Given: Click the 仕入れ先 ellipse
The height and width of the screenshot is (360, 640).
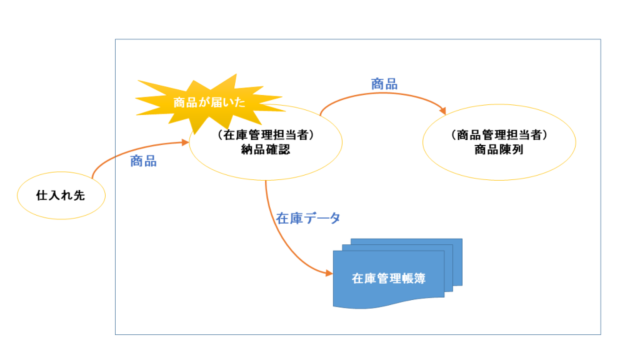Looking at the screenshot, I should (x=61, y=196).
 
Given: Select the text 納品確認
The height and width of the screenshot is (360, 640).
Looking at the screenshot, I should (x=265, y=150).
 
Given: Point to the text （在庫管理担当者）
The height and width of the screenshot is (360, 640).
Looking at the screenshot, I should (x=265, y=136).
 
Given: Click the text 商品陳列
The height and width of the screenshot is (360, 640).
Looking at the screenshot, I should (x=498, y=150).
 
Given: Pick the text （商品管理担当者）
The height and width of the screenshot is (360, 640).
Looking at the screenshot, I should (x=498, y=136).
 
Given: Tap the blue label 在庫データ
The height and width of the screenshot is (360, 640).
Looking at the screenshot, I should (x=309, y=219).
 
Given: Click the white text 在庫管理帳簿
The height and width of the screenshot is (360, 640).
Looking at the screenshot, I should (x=388, y=279).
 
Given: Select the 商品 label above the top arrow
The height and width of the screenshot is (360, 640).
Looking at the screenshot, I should (x=384, y=84).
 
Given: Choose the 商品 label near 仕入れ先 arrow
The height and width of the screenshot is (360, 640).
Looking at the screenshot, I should (x=143, y=161).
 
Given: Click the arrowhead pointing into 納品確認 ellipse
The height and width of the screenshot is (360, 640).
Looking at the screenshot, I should (x=186, y=143).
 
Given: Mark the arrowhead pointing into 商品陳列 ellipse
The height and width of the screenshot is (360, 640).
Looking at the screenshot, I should (x=443, y=112).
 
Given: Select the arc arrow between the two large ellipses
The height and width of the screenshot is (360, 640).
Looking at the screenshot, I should (x=381, y=95).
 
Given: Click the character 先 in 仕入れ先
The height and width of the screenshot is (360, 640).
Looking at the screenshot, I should (x=79, y=196).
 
